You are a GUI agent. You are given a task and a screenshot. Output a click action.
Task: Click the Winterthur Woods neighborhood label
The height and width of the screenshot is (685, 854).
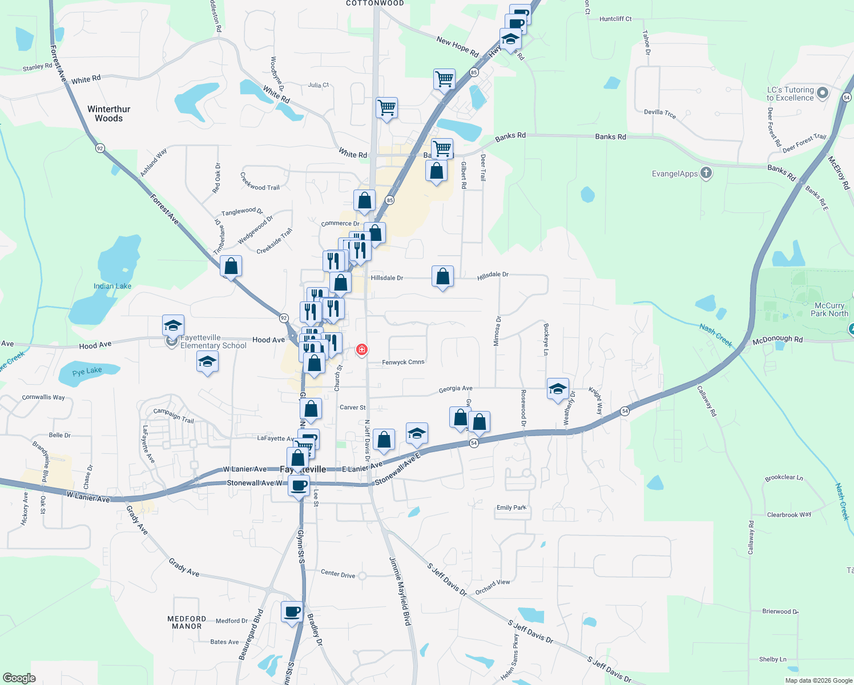point(108,114)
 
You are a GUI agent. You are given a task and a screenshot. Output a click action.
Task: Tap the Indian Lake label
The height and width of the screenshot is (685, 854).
point(112,286)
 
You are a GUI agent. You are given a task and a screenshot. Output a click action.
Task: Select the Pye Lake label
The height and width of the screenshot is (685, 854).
point(87,371)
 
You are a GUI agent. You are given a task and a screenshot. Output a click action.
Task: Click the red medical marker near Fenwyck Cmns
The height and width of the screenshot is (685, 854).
point(361,349)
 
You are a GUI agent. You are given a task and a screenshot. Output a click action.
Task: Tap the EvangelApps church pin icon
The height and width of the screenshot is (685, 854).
point(706,173)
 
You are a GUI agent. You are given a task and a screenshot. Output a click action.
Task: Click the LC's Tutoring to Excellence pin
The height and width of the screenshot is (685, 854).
point(822,92)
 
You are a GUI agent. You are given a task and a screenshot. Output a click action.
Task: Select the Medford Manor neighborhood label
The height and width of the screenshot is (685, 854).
point(187,622)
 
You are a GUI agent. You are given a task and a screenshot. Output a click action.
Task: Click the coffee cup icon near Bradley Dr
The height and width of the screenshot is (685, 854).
point(292,612)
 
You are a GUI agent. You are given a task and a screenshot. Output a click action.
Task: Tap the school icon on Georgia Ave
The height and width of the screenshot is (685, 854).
point(558,389)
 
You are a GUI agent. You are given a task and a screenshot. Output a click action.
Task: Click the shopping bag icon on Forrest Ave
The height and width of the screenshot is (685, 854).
point(231,267)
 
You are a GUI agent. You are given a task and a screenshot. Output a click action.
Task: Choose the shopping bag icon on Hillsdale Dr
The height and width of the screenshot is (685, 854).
point(443,277)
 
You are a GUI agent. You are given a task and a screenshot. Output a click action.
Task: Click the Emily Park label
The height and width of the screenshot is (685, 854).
point(511,507)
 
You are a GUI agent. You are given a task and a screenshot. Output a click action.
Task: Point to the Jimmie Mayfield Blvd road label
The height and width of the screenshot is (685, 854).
point(400,591)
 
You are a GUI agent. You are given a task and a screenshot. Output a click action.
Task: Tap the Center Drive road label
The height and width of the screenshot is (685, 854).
point(338,573)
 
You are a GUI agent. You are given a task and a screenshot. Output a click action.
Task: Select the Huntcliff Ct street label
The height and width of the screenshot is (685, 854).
point(615,19)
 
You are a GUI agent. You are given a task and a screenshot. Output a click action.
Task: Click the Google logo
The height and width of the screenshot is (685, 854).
point(19,678)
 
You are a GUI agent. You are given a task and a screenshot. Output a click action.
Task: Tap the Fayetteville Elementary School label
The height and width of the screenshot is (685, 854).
point(213,342)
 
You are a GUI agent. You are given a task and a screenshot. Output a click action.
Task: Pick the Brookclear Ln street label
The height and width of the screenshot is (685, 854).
point(784,478)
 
